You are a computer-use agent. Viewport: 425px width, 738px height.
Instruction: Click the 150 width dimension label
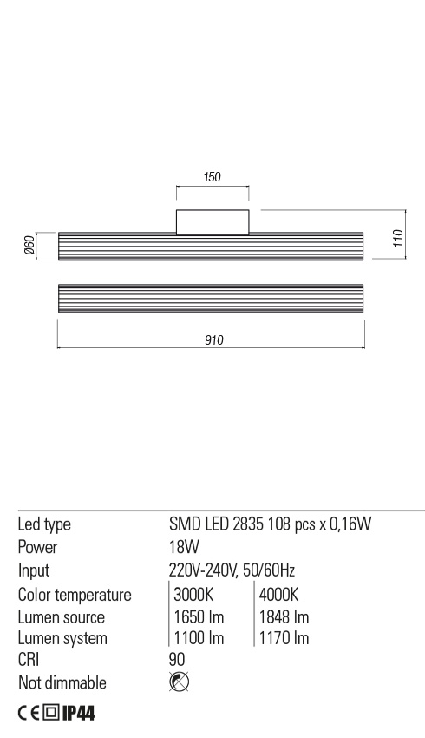point(212,176)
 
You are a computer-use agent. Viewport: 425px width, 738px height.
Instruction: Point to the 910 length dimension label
point(214,340)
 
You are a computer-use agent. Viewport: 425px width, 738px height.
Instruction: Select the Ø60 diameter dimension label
point(29,247)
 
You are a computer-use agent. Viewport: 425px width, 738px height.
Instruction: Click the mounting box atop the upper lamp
point(212,222)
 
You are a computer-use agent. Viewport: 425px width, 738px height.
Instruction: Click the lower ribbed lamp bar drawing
point(210,300)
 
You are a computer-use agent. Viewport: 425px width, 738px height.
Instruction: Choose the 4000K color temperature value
point(278,595)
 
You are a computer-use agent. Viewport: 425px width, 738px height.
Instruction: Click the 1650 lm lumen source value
point(199,617)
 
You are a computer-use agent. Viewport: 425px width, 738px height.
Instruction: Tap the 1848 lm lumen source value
point(284,617)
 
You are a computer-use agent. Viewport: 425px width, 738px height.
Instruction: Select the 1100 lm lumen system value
point(199,639)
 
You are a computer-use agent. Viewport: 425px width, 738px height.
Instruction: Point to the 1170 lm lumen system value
point(284,639)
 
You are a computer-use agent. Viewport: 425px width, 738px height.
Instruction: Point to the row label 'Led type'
point(44,524)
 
